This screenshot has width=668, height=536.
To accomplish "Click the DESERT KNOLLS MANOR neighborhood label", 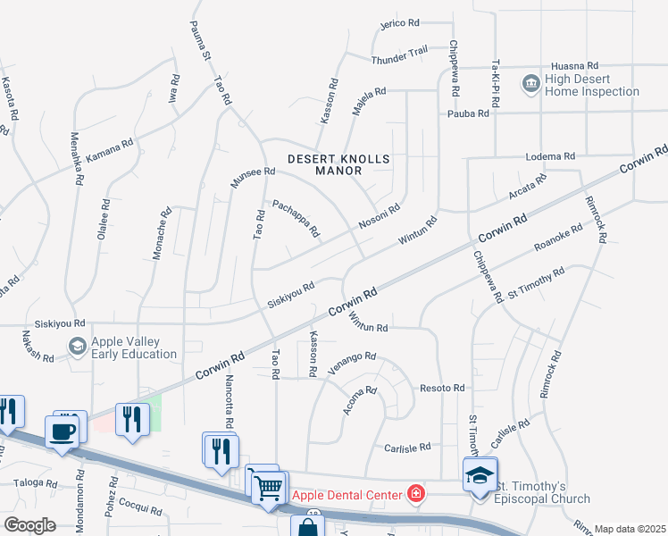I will (x=339, y=166).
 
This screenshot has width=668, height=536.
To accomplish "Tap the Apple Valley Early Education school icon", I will (x=78, y=345).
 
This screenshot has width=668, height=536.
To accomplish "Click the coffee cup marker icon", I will (x=62, y=432).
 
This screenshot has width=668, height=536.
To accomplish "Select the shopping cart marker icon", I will (x=268, y=488).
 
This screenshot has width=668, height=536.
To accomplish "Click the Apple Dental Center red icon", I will (x=415, y=492).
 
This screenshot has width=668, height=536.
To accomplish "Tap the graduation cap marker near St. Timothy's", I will (x=480, y=476).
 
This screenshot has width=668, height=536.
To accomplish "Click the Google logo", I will (x=29, y=525).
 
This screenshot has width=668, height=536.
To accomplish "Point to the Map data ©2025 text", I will (x=630, y=529).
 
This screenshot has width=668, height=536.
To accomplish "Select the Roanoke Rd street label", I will (x=557, y=239).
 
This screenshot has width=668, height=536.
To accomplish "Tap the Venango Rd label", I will (x=351, y=359).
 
